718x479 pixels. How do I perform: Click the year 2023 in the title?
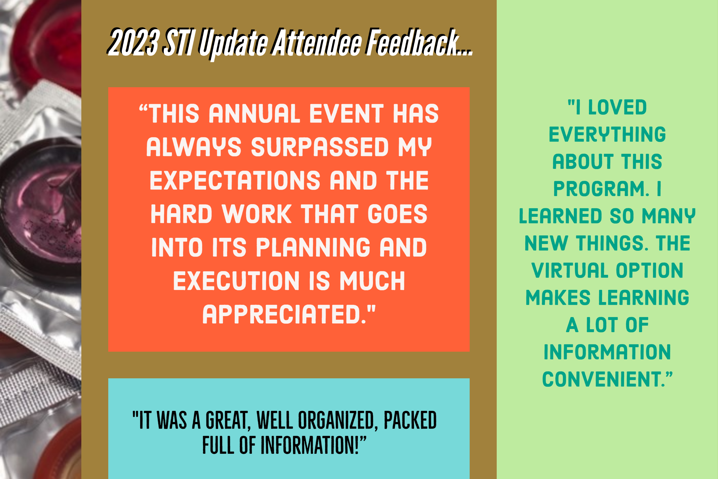(134, 43)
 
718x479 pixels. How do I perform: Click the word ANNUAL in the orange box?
(254, 114)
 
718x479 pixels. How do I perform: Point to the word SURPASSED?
(319, 147)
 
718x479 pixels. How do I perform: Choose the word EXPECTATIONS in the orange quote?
(235, 181)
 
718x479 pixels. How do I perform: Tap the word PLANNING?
(313, 247)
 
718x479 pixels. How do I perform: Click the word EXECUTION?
(236, 281)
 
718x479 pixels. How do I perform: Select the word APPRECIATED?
(284, 314)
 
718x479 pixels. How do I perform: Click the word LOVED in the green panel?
(617, 107)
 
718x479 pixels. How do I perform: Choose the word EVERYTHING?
(607, 134)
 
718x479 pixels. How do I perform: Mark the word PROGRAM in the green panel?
(600, 189)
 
